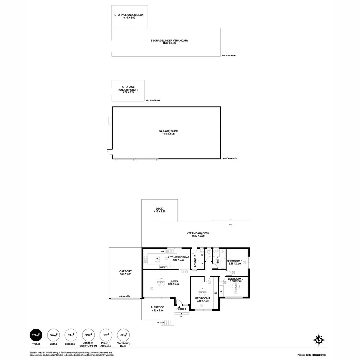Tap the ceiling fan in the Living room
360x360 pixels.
161,282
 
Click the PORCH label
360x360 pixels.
181,309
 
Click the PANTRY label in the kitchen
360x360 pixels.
163,267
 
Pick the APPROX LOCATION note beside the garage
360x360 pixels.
230,159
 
